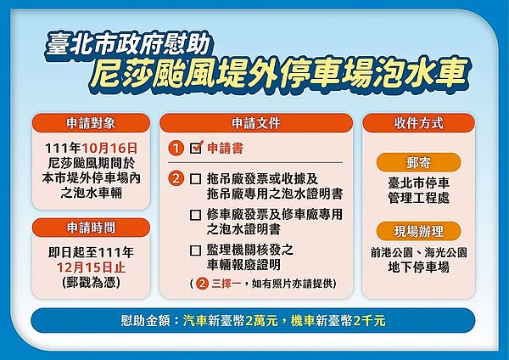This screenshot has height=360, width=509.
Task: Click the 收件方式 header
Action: coord(417,121)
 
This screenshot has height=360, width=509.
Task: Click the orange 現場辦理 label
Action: coord(417,230)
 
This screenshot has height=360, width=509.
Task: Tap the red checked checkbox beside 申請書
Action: coord(196,147)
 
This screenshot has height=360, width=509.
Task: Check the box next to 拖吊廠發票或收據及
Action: coord(196,179)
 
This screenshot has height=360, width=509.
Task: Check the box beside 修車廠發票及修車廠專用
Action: coord(196,215)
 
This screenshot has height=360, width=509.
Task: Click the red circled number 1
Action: coord(175,148)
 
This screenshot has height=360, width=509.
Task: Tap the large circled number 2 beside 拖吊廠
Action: coord(175,179)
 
